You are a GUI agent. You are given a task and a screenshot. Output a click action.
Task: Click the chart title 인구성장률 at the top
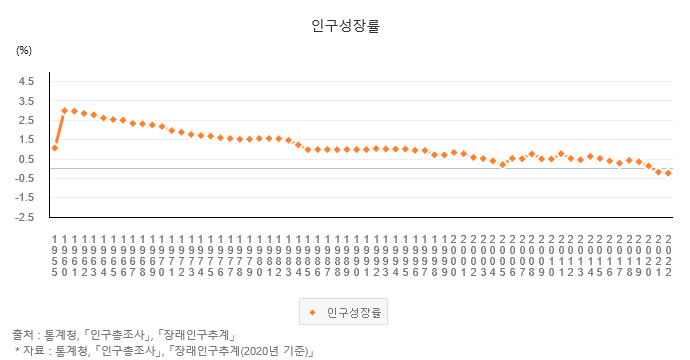pos(345,27)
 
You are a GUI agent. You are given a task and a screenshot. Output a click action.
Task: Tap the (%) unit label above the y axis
pos(24,49)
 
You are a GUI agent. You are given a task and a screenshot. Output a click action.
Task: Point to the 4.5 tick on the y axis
pos(26,81)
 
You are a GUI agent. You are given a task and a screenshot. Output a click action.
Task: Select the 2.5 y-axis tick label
pos(26,120)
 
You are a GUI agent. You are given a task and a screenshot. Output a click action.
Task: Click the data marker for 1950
pos(55,148)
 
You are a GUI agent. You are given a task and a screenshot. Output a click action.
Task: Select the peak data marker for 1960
pos(65,111)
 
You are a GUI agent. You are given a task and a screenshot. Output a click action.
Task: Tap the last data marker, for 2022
pos(668,174)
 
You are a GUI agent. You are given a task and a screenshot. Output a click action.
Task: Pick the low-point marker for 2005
pos(502,165)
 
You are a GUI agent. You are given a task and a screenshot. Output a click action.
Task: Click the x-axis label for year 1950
pos(55,256)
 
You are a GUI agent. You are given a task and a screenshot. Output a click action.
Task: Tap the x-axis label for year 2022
pos(668,256)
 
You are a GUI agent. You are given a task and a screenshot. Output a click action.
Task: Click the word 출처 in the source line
pos(24,334)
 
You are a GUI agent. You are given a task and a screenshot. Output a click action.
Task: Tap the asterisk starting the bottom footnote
pos(18,351)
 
